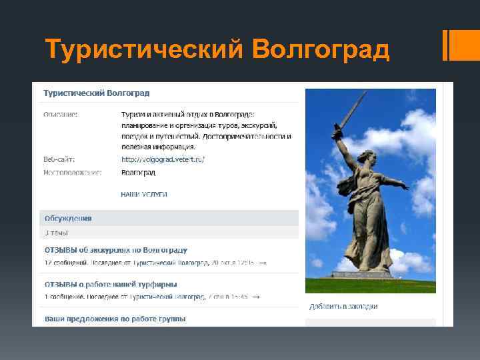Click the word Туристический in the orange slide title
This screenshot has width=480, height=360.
point(145,49)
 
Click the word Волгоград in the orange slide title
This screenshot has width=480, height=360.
point(322,49)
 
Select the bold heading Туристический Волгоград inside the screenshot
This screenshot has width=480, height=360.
point(97,92)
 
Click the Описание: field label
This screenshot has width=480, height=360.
point(61,115)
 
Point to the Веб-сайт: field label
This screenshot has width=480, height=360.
point(59,159)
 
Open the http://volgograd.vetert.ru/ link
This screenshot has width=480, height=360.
point(163,159)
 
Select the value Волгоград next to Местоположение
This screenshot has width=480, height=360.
point(138,172)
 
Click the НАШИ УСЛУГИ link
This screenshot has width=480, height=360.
point(144,194)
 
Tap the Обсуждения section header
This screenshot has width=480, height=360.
point(68,218)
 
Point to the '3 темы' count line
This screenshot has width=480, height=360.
point(56,233)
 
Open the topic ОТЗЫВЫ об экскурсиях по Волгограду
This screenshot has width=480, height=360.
point(116,250)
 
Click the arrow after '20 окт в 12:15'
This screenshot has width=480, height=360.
point(263,263)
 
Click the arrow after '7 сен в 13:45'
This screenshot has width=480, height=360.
point(257,297)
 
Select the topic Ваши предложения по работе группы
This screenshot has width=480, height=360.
point(115,319)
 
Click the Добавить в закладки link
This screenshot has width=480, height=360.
point(343,307)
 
